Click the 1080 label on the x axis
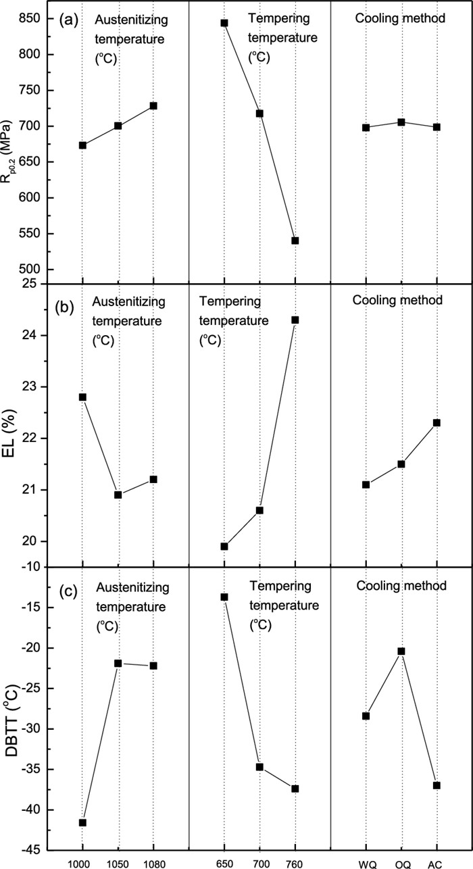tap(153, 862)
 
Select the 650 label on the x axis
tap(224, 862)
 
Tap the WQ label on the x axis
tap(366, 862)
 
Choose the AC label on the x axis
tap(437, 862)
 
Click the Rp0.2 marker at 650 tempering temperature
tap(224, 23)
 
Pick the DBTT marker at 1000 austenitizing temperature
tap(82, 822)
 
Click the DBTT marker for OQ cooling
tap(401, 651)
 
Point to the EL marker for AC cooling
tap(437, 422)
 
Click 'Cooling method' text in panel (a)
tap(400, 19)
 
